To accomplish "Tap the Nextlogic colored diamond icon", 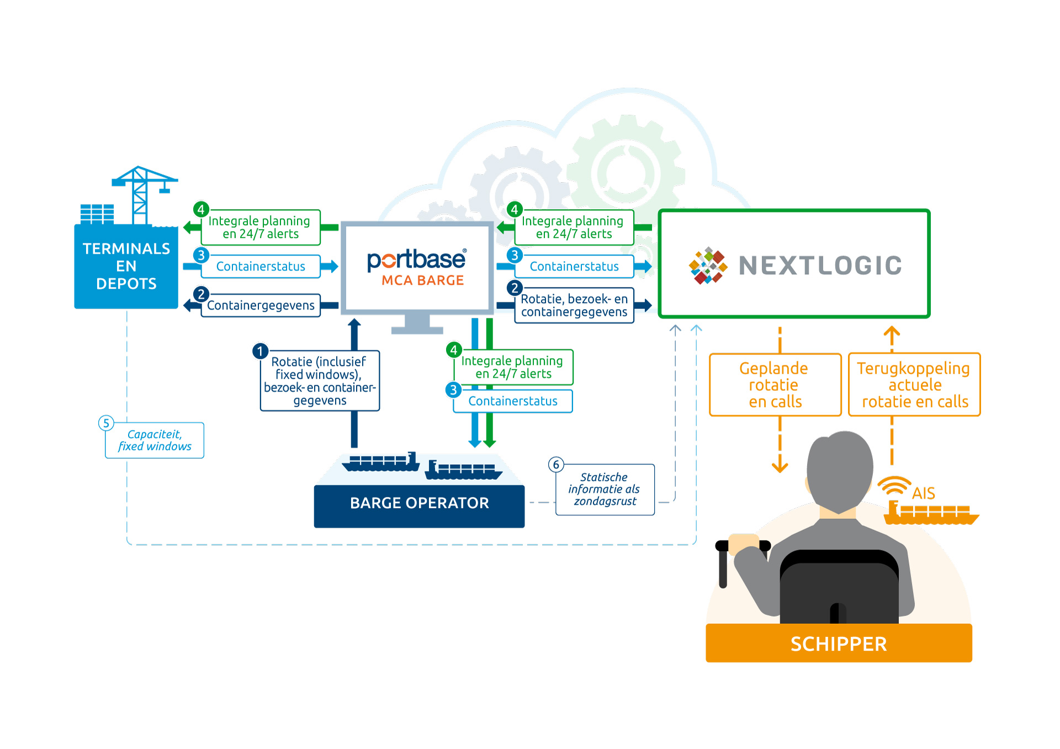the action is [x=708, y=265].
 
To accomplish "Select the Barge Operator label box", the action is [x=419, y=506].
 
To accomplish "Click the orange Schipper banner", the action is [x=839, y=643].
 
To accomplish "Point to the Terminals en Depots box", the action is [x=126, y=266].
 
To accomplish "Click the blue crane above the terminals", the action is [x=142, y=194].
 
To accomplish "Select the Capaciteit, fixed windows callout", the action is [x=155, y=440].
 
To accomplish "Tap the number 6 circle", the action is [x=556, y=465].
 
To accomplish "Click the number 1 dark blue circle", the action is [x=260, y=351].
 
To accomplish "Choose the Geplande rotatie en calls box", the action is [x=775, y=385].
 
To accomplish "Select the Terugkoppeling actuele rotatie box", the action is [x=914, y=385].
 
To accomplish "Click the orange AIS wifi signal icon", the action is [x=894, y=486].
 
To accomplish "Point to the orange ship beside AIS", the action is [x=931, y=513].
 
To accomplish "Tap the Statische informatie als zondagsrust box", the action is [x=605, y=490].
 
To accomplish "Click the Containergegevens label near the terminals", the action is [x=261, y=305].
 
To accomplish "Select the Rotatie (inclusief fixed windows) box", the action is [x=320, y=381].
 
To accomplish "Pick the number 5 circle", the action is [x=106, y=423].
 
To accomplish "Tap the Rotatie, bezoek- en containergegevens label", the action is [x=574, y=305].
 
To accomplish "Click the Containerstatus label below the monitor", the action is [x=513, y=401].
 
